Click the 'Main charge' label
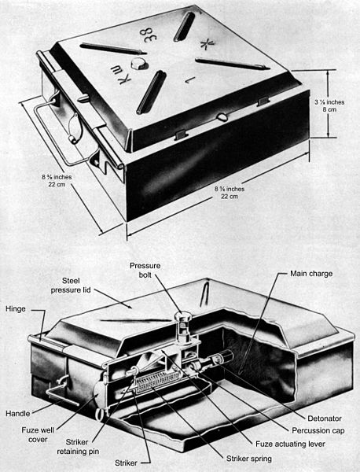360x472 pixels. click(311, 274)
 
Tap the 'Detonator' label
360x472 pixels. click(325, 419)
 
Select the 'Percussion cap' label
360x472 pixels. click(318, 431)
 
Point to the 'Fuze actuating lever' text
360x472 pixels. click(290, 444)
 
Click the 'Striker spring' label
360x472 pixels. click(249, 459)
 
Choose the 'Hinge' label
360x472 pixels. click(16, 309)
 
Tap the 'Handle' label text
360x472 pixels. click(18, 414)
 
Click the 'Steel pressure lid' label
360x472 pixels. click(71, 286)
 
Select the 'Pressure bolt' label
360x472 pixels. click(145, 270)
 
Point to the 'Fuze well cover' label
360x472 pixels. click(38, 435)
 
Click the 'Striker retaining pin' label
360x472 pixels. click(78, 447)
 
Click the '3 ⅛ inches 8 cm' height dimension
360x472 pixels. click(329, 105)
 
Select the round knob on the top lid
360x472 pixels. click(139, 63)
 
